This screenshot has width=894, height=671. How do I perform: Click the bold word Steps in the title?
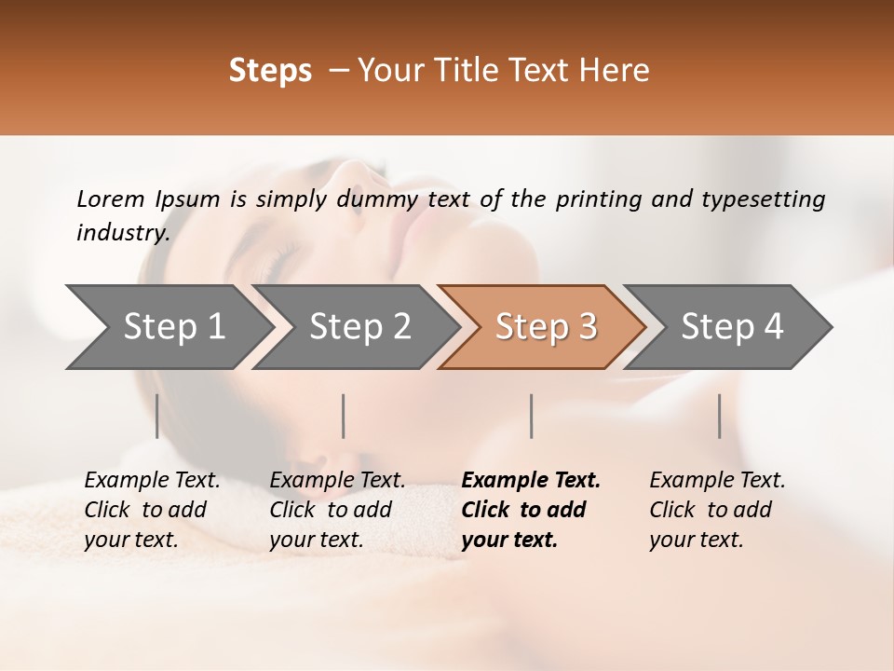(x=270, y=71)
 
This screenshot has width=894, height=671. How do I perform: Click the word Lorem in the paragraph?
(x=108, y=199)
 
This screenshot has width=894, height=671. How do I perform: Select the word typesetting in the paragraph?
(x=770, y=199)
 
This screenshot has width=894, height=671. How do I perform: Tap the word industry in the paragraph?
(x=121, y=233)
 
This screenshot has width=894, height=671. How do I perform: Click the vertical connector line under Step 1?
(x=157, y=416)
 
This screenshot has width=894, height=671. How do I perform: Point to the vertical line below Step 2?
(x=344, y=416)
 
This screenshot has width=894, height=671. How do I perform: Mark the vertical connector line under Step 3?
(x=531, y=416)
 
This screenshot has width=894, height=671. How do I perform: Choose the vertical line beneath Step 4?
(x=719, y=416)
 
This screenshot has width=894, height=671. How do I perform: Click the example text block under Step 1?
(x=152, y=510)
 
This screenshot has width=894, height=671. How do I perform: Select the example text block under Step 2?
(x=337, y=510)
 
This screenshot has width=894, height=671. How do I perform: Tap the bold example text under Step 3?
(x=531, y=510)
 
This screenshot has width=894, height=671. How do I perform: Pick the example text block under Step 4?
(x=717, y=510)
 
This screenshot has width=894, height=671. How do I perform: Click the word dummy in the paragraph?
(x=379, y=199)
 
